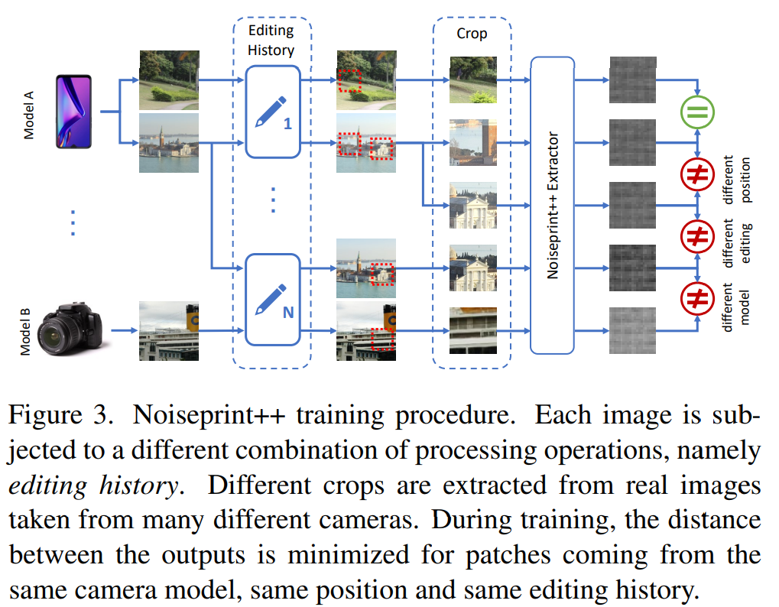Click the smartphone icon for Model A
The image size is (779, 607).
pos(73,112)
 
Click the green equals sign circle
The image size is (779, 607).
pos(697,114)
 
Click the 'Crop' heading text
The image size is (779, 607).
pos(472,34)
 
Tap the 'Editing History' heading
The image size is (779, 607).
pos(271,41)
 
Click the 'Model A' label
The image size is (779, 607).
pos(29,112)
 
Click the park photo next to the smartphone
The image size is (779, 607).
pos(169,80)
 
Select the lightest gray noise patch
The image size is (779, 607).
pos(632,330)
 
